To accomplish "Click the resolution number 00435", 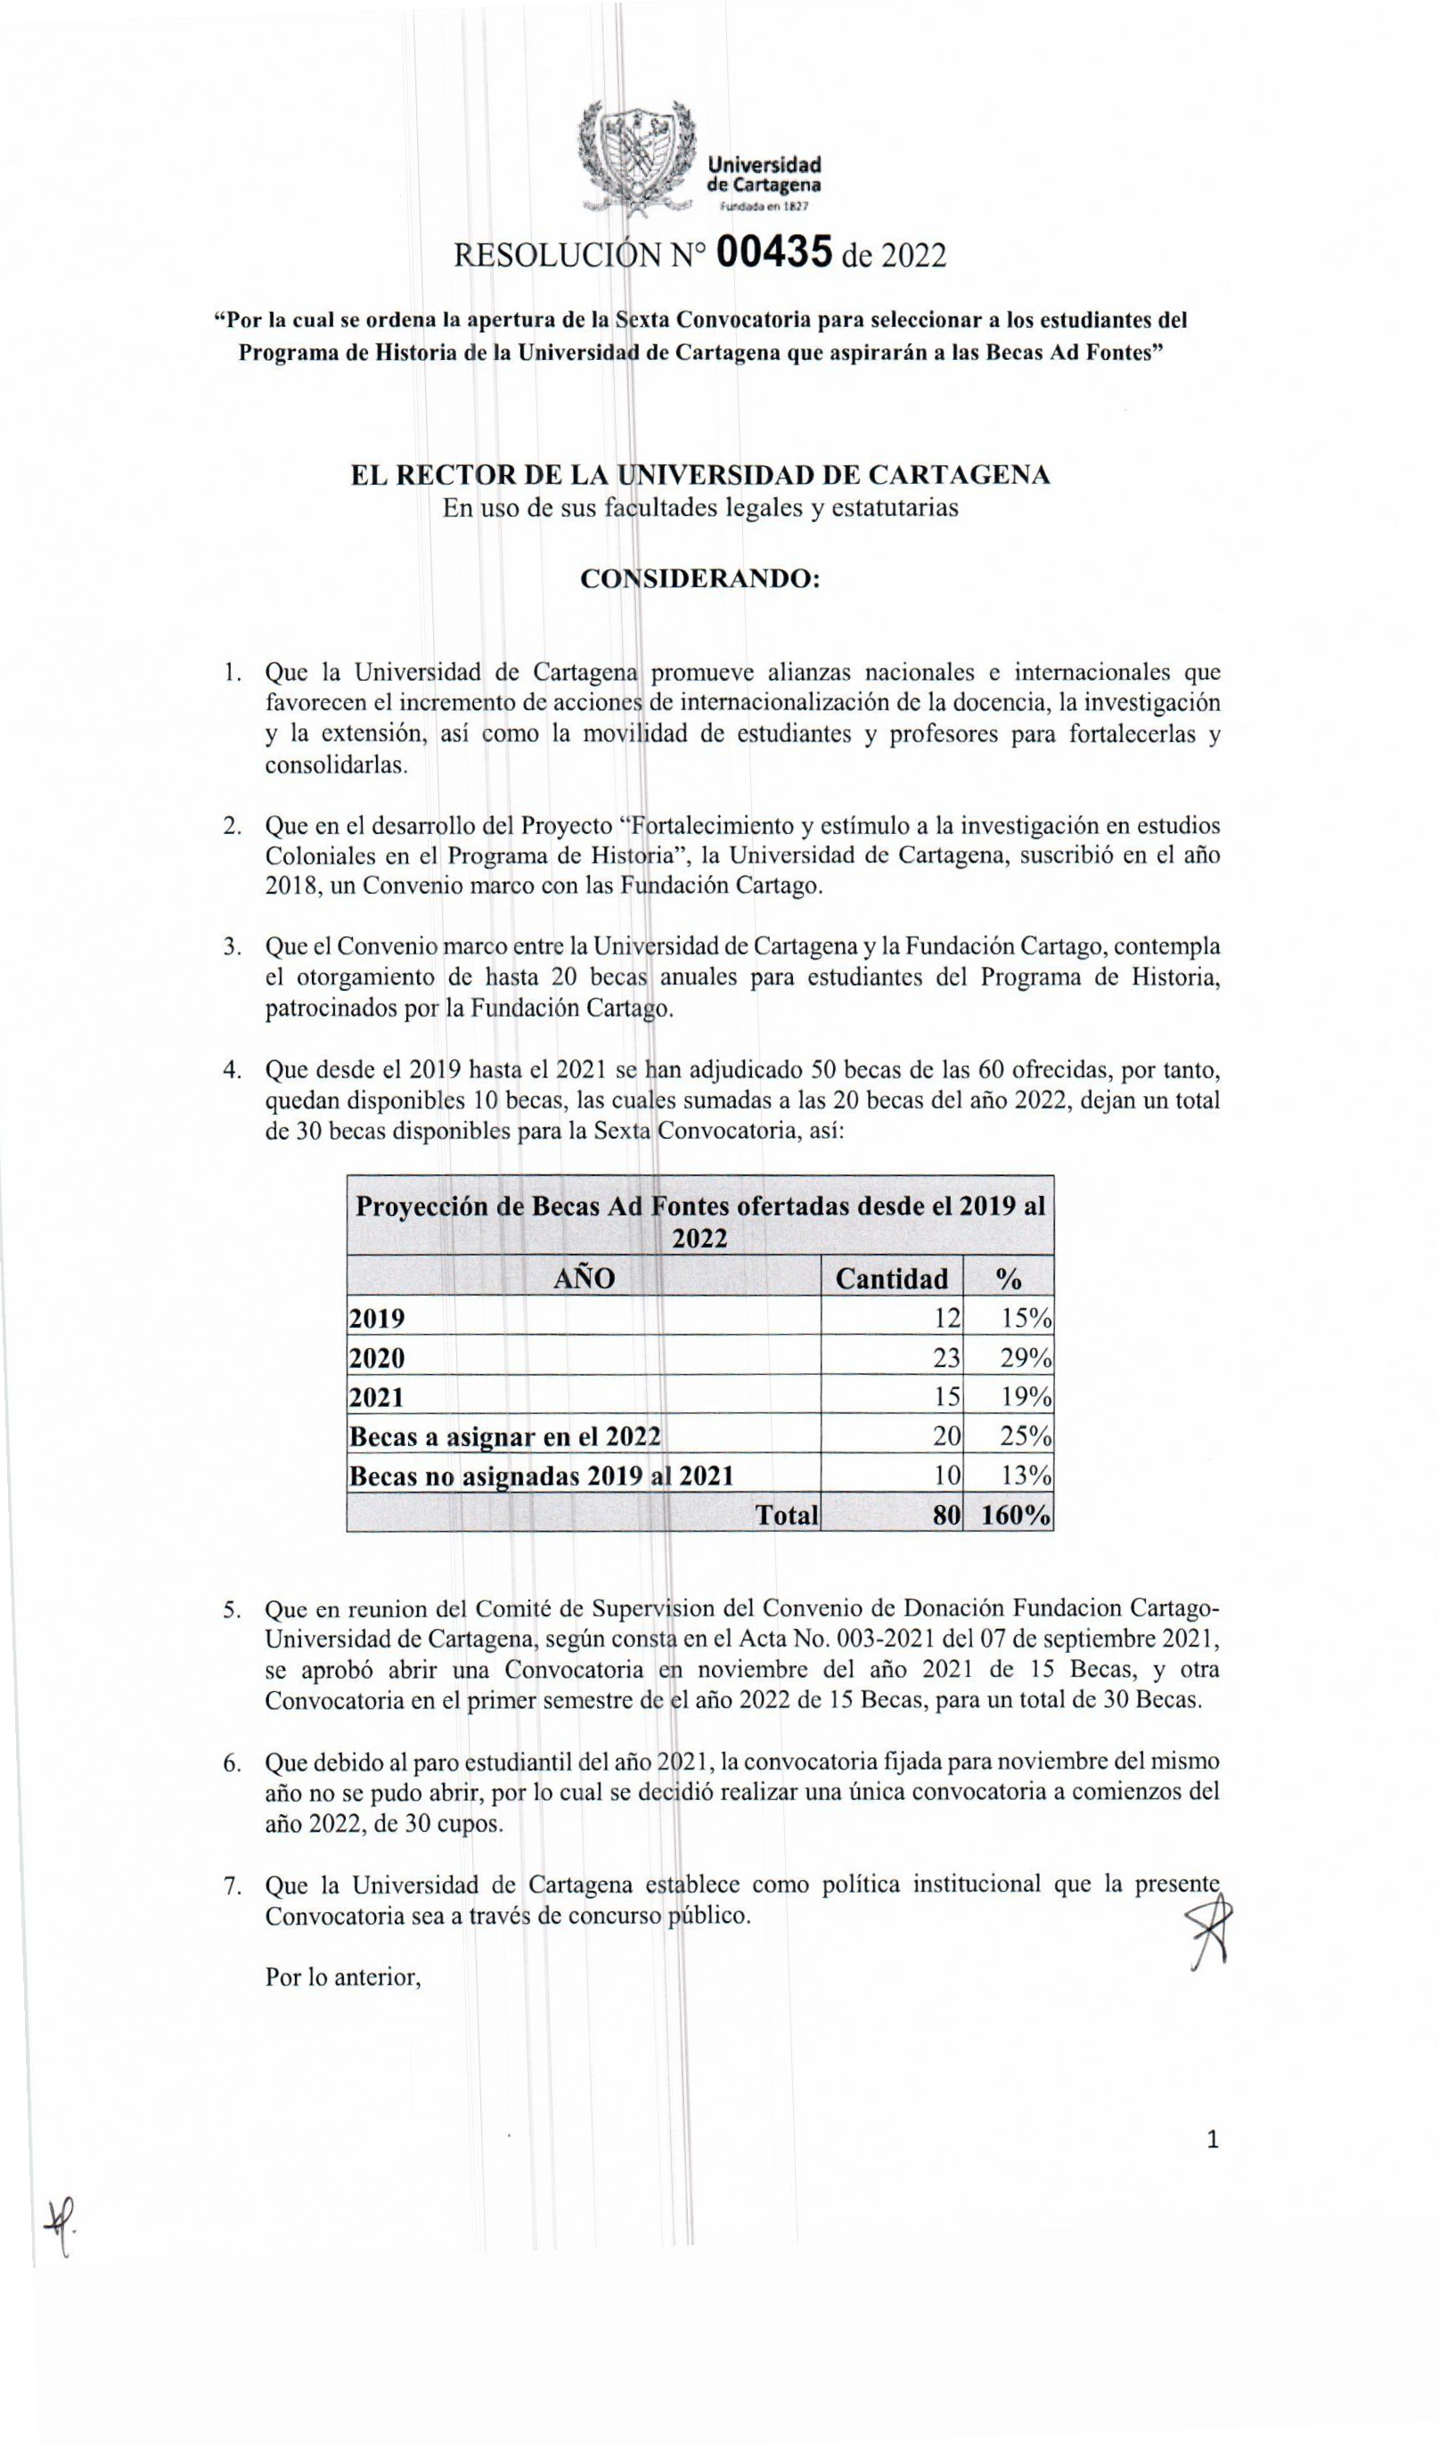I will click(x=773, y=253).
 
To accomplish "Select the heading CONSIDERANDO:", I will click(x=699, y=578).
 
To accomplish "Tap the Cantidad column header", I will click(x=891, y=1278).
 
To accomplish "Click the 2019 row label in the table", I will click(x=378, y=1319).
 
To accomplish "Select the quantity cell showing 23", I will click(x=946, y=1357).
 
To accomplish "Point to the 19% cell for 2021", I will click(x=1026, y=1397).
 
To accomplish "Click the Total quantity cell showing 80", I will click(x=946, y=1515).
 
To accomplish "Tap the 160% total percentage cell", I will click(x=1015, y=1515).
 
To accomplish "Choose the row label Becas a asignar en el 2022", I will click(x=504, y=1436).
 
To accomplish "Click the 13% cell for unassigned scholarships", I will click(x=1026, y=1476).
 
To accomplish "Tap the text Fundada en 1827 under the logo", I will click(x=763, y=207).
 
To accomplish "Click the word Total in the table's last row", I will click(x=787, y=1515).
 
